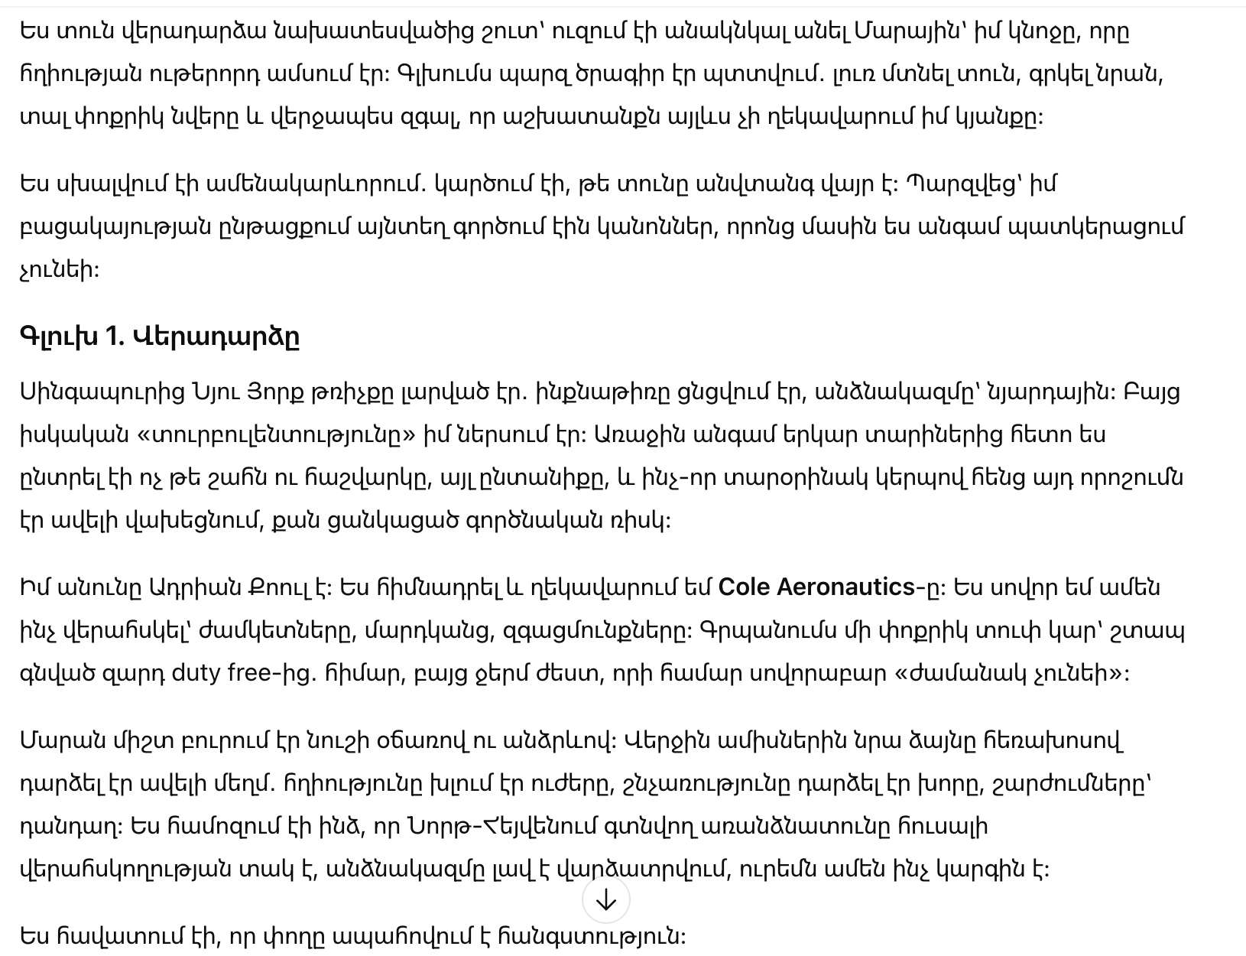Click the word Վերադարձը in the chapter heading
[x=216, y=337]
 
